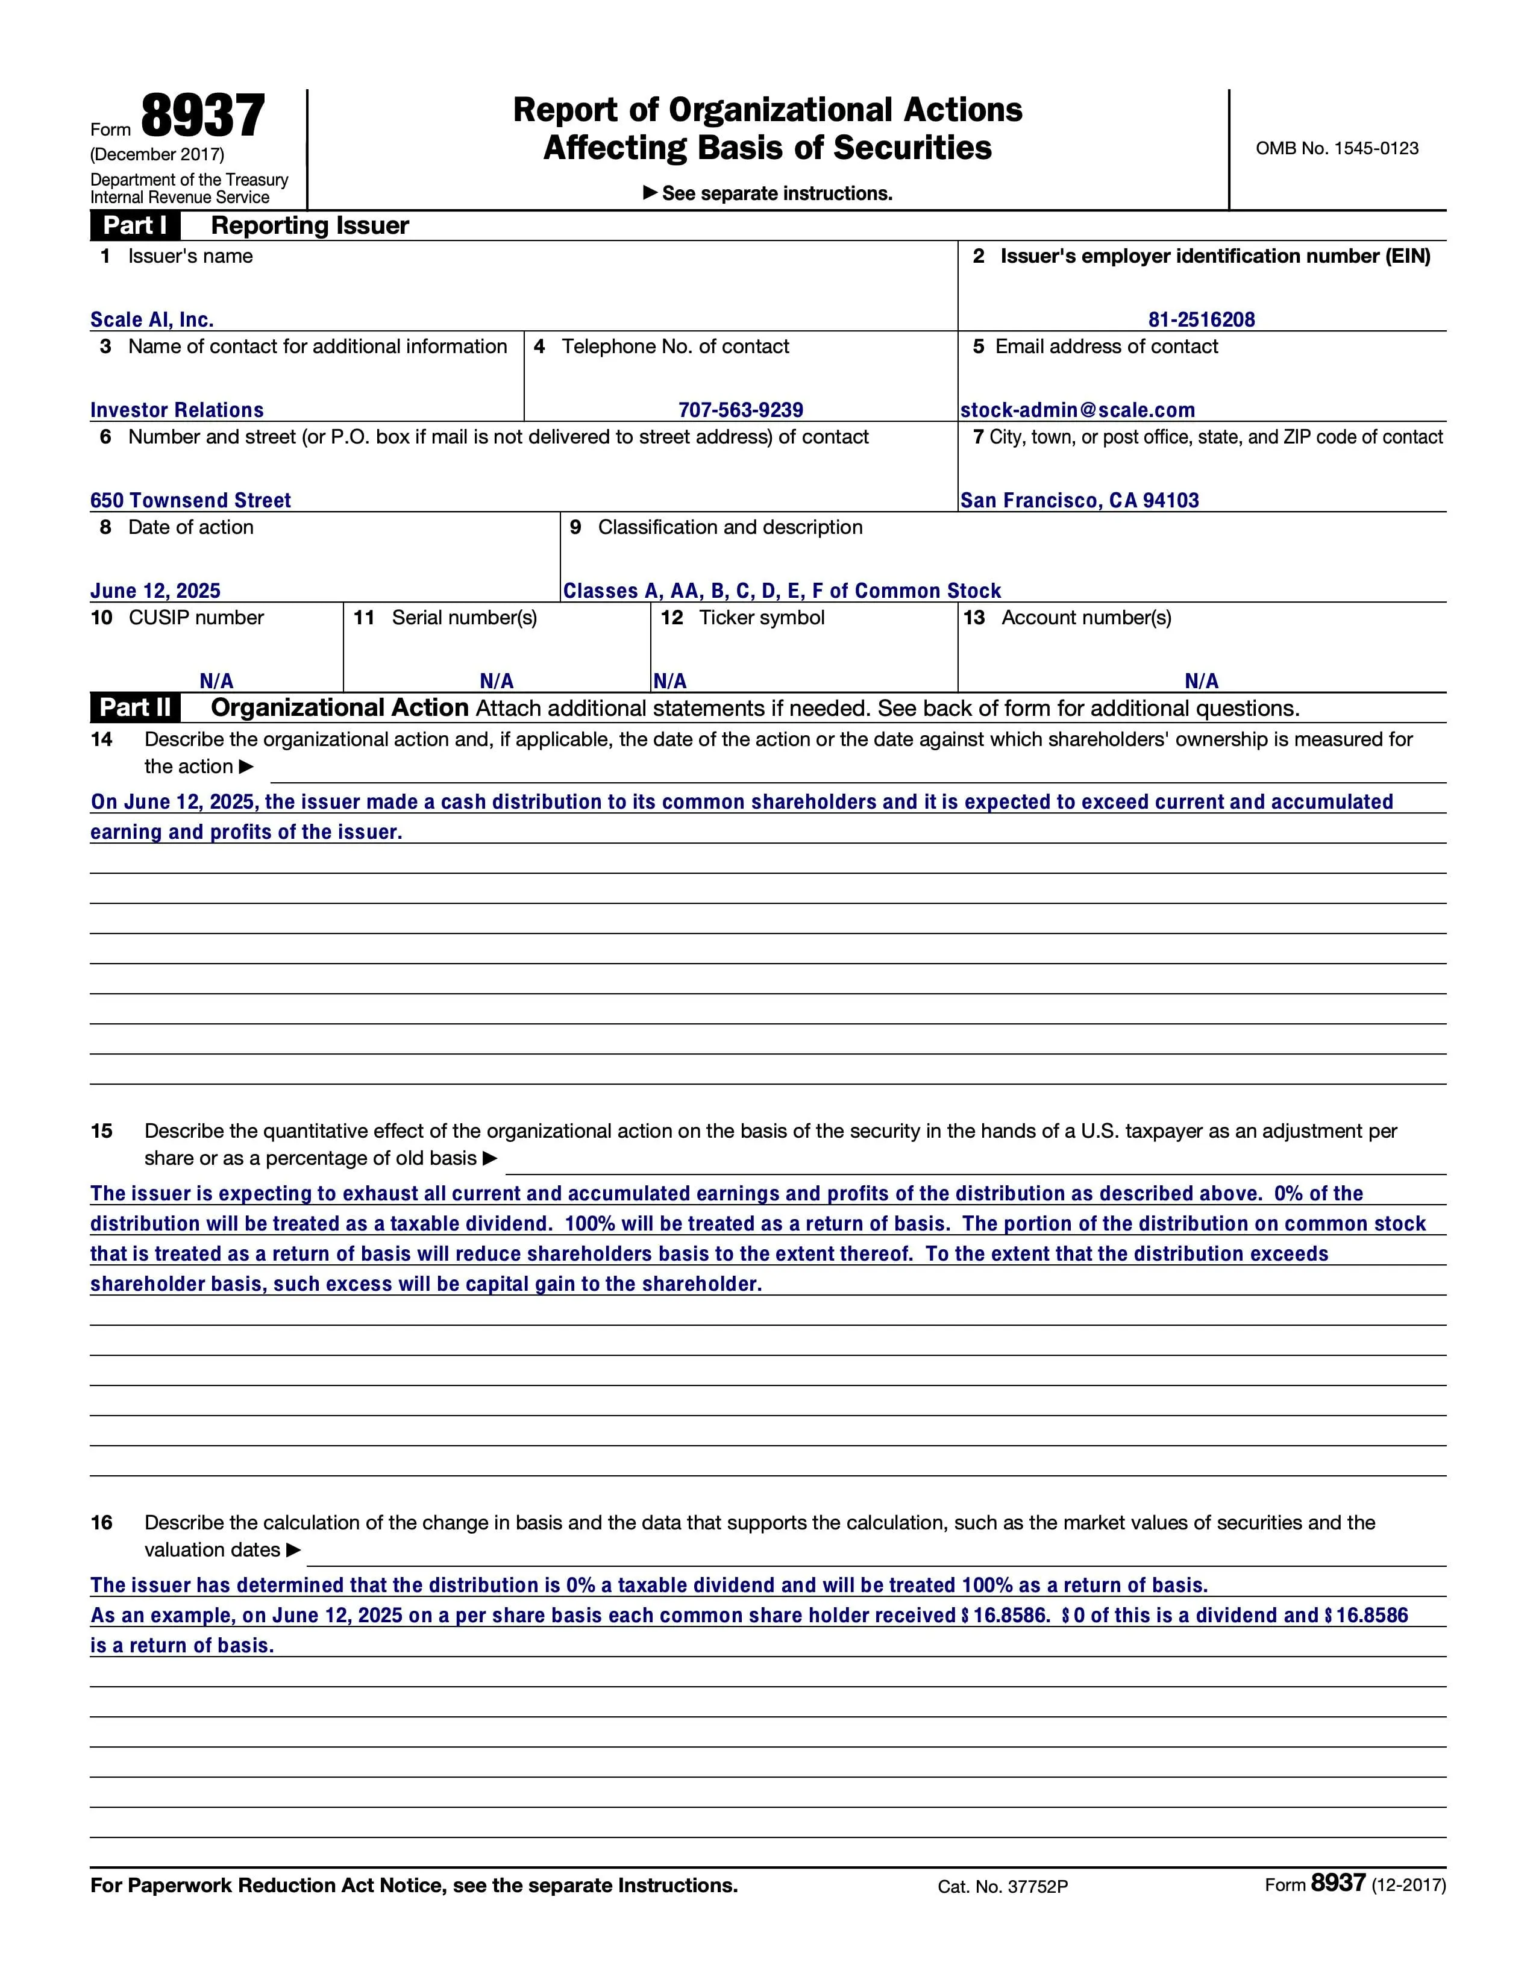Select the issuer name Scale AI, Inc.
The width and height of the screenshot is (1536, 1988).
click(152, 319)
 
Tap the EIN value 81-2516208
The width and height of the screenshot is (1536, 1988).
click(1201, 319)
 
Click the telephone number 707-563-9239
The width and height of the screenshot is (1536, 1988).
click(740, 410)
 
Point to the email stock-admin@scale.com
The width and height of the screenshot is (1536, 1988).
click(1077, 410)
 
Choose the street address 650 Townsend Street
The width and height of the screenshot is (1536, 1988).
click(190, 500)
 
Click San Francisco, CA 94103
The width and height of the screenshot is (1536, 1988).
click(1079, 500)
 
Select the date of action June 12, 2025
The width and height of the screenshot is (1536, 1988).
click(155, 591)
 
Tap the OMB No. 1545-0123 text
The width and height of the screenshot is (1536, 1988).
click(1337, 148)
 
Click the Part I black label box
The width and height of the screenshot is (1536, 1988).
click(135, 225)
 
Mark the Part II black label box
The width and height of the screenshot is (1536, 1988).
click(135, 707)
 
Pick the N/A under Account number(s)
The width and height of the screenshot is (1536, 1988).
click(1201, 681)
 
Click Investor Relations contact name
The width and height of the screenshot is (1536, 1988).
click(177, 410)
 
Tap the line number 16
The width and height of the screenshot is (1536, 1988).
click(101, 1523)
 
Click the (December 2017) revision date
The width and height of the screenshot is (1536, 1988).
click(157, 154)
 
